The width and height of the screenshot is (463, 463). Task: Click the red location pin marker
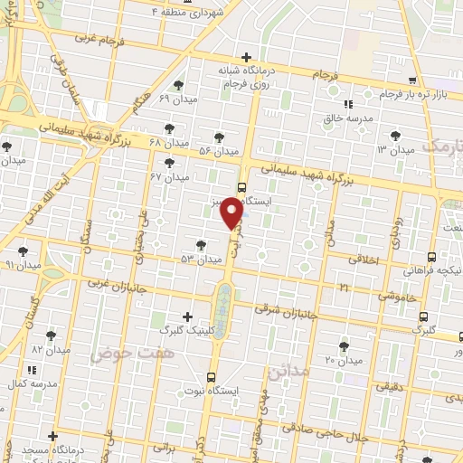[233, 213]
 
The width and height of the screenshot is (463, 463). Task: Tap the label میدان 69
[176, 98]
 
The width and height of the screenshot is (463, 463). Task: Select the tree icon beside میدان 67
[169, 163]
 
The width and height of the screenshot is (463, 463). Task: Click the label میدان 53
[201, 260]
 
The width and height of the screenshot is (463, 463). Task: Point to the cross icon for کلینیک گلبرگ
[187, 317]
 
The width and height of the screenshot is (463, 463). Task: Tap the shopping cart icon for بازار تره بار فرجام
[412, 80]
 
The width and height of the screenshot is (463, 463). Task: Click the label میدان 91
[24, 265]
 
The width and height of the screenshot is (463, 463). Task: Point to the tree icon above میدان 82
[51, 335]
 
